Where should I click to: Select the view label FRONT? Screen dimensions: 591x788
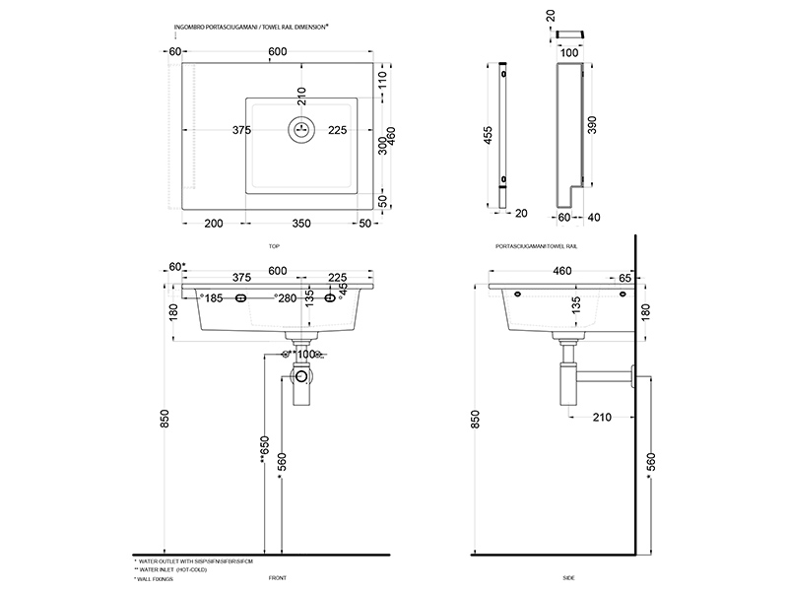(278, 580)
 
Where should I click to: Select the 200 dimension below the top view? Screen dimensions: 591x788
(212, 223)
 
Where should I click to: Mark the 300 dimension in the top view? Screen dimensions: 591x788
(382, 146)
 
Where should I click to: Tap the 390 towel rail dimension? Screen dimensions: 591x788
(591, 124)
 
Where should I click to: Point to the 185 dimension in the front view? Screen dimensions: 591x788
(214, 297)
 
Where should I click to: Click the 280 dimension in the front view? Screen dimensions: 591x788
(287, 297)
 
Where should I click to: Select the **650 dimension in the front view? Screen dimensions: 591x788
(264, 448)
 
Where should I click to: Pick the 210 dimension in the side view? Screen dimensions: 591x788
(602, 417)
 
